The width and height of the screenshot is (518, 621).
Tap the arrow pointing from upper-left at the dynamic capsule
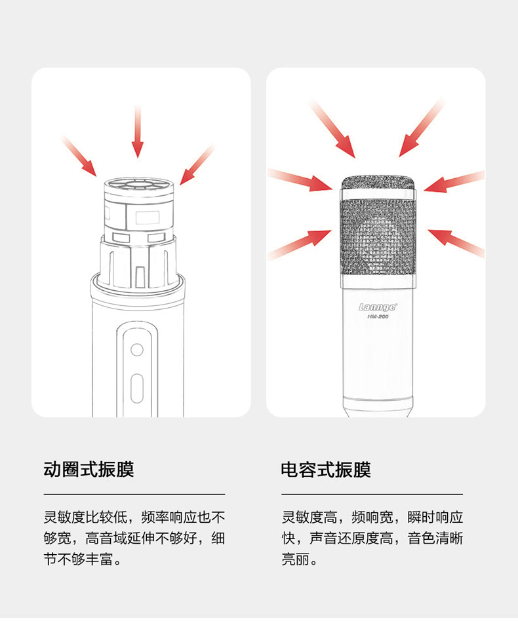[81, 157]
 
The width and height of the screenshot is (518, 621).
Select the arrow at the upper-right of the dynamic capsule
[196, 165]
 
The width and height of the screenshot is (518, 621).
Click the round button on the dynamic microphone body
[136, 349]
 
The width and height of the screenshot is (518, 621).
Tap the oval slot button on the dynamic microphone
[136, 388]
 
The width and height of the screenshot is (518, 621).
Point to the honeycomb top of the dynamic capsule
[137, 187]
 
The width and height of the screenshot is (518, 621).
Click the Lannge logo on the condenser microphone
[377, 306]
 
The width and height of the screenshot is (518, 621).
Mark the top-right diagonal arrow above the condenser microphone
[422, 129]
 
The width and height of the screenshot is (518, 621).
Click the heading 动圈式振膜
[89, 469]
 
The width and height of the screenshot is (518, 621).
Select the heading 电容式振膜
[326, 469]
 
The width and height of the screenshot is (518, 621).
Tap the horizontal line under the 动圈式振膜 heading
[134, 494]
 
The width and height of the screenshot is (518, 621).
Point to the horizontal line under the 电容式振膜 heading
[372, 494]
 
